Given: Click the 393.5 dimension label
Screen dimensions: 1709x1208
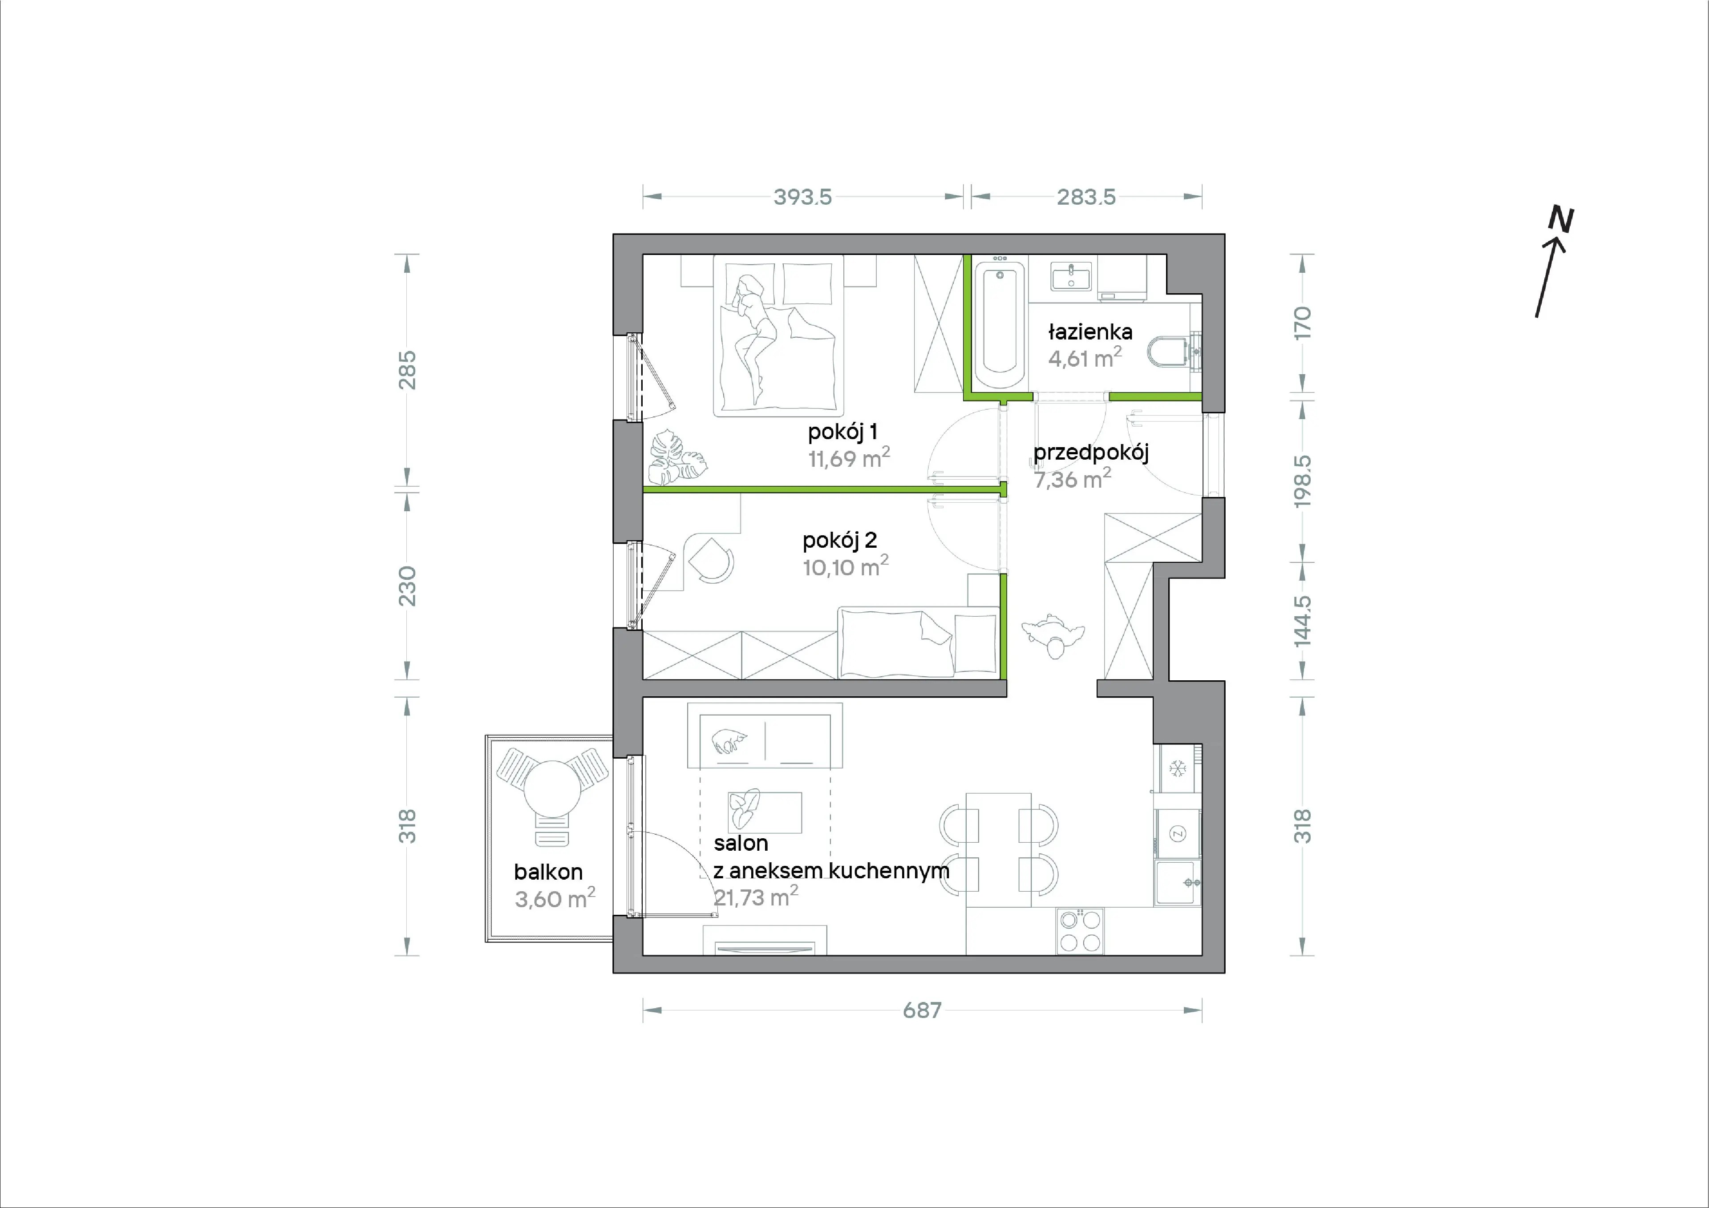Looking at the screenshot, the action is point(802,197).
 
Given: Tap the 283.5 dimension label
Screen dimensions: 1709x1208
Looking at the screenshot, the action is point(1086,197).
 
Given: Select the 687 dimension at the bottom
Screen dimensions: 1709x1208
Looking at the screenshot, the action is point(922,1010).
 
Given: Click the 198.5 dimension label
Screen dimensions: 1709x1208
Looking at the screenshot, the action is point(1302,481).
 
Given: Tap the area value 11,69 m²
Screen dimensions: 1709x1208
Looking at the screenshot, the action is point(849,457).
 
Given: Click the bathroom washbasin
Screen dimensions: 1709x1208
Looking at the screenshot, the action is point(1071,276).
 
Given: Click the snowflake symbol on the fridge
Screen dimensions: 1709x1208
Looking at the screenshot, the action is point(1178,768).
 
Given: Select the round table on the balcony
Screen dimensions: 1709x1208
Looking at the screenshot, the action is point(552,789).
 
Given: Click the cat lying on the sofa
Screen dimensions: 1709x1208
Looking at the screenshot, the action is point(729,741).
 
